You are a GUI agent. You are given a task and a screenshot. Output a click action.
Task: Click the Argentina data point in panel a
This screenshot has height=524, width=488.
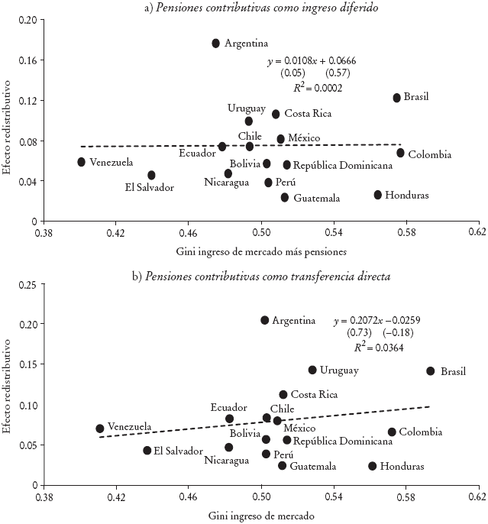click(216, 44)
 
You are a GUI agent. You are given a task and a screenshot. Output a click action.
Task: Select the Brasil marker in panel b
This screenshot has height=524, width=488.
click(431, 371)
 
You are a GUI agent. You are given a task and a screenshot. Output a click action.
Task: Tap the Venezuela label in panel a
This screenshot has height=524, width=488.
click(111, 162)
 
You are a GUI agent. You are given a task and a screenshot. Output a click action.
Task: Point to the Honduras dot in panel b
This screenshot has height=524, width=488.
click(373, 466)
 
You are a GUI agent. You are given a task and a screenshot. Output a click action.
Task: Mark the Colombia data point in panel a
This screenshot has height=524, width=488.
click(401, 153)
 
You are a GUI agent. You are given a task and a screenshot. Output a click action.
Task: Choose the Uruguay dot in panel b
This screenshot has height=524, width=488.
click(312, 370)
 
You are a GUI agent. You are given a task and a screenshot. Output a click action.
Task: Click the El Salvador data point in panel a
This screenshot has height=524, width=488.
click(151, 176)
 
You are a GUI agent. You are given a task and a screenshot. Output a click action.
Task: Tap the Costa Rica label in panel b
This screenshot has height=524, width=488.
click(315, 395)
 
